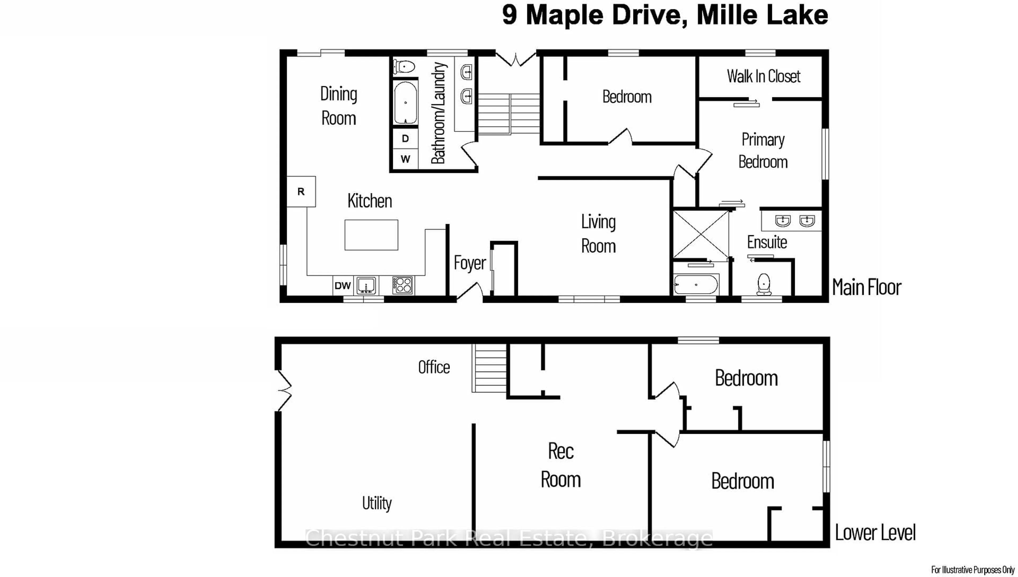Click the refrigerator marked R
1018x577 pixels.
pos(301,191)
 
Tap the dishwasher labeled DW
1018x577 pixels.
pos(343,285)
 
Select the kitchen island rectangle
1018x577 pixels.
pos(371,235)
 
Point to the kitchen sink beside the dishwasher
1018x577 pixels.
pos(366,285)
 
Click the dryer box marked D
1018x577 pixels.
pos(405,138)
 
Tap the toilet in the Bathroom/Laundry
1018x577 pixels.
pos(404,67)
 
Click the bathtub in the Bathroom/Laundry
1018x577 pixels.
pos(405,103)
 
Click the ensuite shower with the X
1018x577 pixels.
pos(701,235)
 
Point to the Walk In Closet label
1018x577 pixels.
pos(763,76)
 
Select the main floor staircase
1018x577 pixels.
pos(509,114)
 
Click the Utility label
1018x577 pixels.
pos(377,503)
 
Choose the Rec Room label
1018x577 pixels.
pos(560,465)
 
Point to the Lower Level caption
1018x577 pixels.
pos(875,532)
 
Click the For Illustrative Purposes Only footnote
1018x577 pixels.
pos(972,570)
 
